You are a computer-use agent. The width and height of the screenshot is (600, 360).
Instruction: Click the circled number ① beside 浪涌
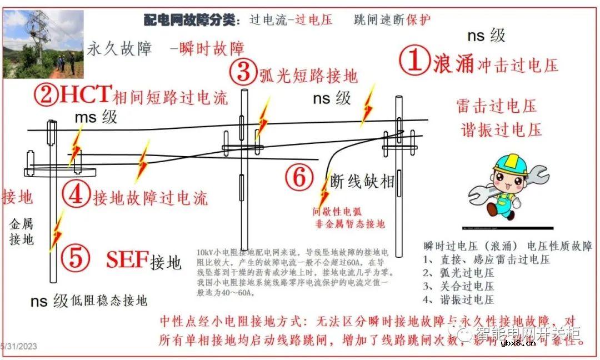[415, 61]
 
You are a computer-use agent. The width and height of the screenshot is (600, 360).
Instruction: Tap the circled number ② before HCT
[46, 96]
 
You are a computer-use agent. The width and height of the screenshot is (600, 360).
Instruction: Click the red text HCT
[86, 95]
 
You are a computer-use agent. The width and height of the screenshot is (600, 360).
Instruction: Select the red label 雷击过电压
[497, 106]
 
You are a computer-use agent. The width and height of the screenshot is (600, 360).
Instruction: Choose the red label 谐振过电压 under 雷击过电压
[501, 130]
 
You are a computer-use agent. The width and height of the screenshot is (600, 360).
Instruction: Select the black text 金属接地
[21, 232]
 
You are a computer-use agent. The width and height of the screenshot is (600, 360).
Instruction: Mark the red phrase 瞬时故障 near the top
[211, 48]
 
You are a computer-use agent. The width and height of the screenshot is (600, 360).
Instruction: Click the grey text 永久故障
[119, 49]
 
